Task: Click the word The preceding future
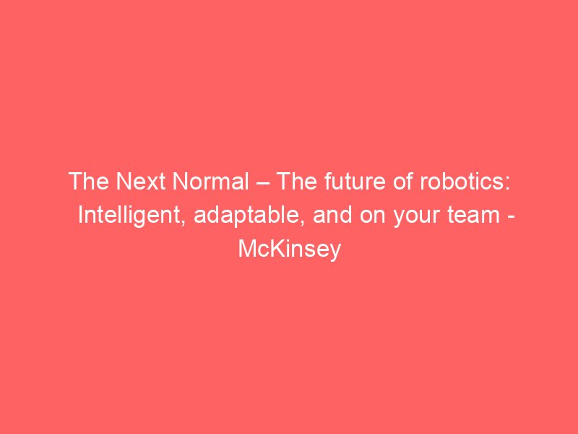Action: [297, 182]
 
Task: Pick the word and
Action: [332, 215]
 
